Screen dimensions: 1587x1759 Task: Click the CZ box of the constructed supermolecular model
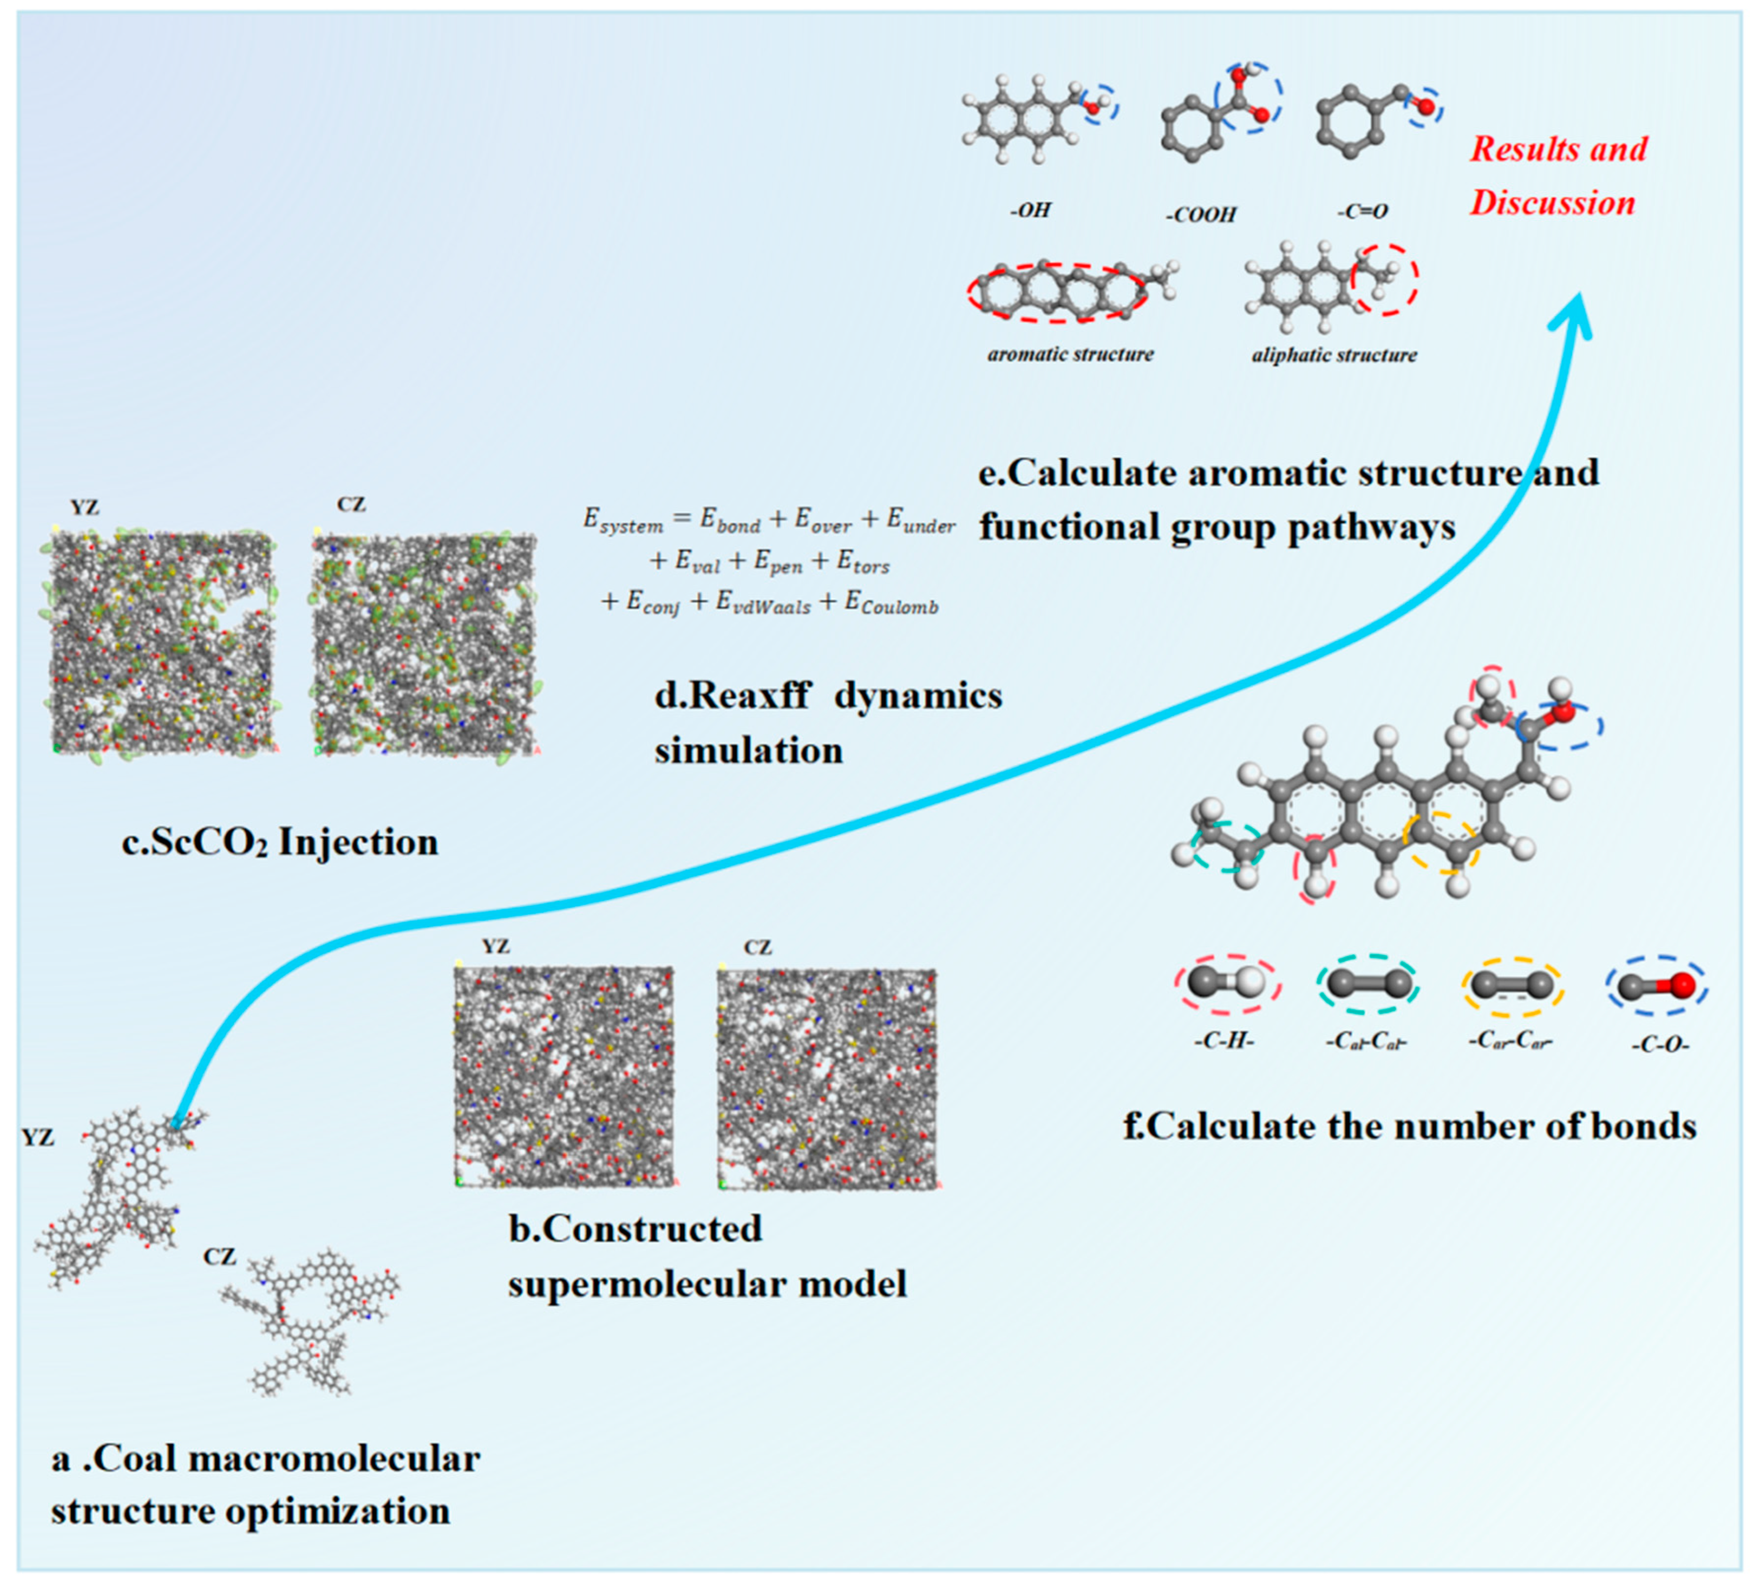point(827,1078)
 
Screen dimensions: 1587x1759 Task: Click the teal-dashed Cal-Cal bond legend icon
point(1366,984)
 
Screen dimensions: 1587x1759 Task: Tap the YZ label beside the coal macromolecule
point(37,1137)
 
